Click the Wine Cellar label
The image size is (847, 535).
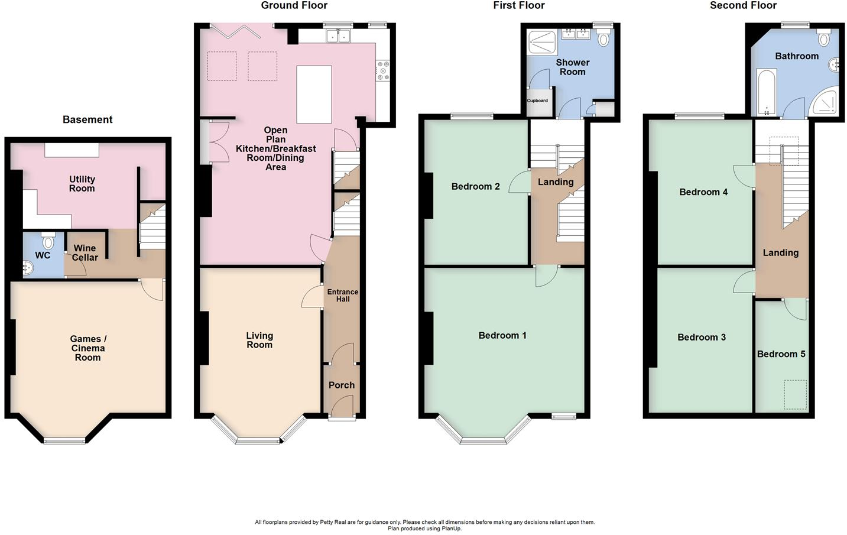point(85,253)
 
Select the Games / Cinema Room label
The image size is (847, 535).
point(87,348)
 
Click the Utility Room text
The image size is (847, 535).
point(82,184)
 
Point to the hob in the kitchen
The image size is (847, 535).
point(382,70)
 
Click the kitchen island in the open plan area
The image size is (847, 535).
point(314,94)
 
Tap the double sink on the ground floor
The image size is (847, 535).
point(339,37)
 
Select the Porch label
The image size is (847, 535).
point(342,385)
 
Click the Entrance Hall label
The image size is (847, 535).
point(343,296)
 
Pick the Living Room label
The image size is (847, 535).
point(259,340)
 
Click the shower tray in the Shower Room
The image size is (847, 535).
point(542,43)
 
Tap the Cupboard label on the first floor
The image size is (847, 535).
point(537,100)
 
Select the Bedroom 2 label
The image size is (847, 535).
point(475,187)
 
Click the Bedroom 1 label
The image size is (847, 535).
point(502,336)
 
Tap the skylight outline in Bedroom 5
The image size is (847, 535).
point(796,394)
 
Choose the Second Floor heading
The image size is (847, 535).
point(743,6)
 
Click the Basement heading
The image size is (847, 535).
point(87,120)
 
